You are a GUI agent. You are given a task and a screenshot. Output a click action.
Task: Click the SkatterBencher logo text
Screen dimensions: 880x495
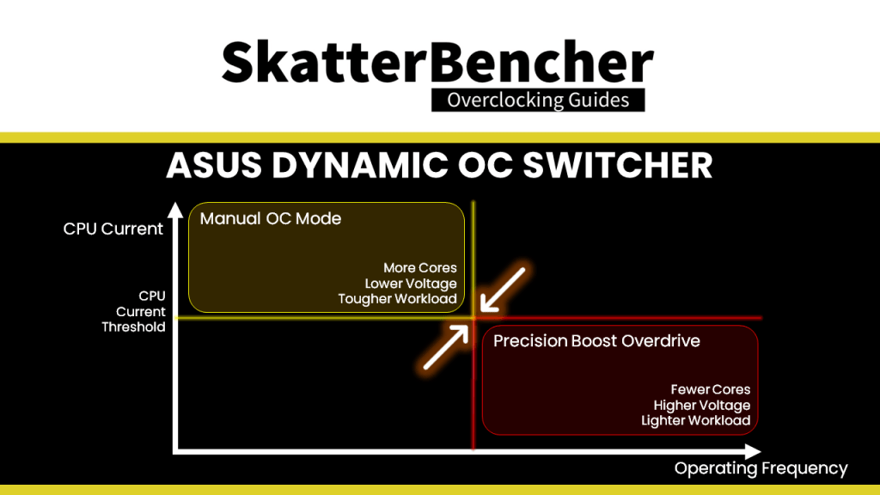(437, 62)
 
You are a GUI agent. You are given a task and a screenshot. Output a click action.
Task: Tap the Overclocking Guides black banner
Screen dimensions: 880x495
(538, 100)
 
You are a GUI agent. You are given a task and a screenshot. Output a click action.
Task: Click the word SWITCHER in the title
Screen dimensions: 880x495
(618, 166)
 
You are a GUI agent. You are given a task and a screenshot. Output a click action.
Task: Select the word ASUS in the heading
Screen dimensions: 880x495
(214, 166)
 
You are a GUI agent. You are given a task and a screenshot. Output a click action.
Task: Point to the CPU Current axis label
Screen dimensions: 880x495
(113, 229)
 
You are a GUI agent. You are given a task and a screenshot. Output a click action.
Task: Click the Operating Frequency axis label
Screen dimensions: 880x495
(761, 468)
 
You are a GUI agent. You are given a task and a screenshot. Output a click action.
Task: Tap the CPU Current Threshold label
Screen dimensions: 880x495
(133, 311)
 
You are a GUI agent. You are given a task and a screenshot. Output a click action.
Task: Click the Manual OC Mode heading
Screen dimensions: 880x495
(271, 218)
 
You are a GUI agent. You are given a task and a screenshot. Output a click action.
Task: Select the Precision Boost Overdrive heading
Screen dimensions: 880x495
(596, 340)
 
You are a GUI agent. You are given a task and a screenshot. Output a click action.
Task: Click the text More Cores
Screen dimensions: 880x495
(419, 268)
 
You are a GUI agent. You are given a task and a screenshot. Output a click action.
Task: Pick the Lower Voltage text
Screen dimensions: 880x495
(411, 284)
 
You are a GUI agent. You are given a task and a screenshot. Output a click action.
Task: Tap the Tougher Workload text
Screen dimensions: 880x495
(397, 298)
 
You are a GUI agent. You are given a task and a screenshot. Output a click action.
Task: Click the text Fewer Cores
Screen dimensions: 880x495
(711, 389)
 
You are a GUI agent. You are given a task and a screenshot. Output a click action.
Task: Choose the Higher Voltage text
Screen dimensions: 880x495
(702, 406)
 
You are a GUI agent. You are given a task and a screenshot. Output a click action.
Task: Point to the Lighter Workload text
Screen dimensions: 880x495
(696, 420)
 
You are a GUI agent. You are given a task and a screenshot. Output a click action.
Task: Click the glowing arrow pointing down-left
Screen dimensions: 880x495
(502, 290)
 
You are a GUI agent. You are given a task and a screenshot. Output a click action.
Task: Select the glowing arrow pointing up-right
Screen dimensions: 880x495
(446, 347)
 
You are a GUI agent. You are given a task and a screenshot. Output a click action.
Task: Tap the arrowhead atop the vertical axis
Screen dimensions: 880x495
(175, 210)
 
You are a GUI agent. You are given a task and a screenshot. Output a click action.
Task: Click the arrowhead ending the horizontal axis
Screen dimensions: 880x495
(753, 451)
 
